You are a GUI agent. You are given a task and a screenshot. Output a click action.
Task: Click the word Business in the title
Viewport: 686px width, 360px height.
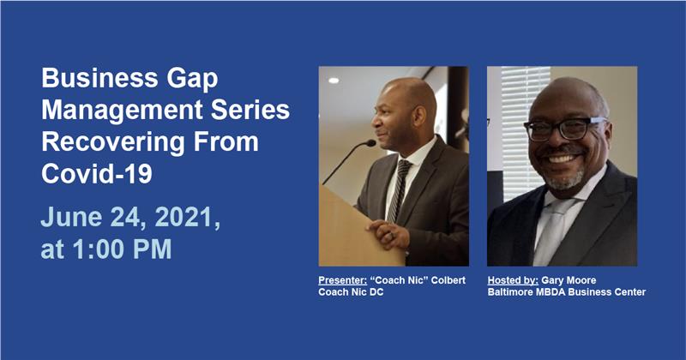point(99,78)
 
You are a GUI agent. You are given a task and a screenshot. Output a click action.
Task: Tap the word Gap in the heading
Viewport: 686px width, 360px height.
point(192,80)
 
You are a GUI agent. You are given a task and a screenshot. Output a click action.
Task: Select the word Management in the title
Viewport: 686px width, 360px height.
point(123,111)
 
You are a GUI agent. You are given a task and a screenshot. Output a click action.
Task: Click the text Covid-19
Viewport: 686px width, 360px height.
point(97,173)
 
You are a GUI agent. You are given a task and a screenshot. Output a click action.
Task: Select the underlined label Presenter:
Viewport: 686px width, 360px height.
point(342,280)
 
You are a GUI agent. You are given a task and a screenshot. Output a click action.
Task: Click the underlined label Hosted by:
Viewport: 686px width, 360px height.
point(513,280)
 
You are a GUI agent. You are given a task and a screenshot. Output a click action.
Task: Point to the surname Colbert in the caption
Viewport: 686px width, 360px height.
point(448,280)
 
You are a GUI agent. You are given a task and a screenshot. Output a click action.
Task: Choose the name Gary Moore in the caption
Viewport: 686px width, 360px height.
point(569,280)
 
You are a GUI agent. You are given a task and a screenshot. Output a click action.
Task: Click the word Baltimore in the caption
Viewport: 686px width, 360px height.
point(509,291)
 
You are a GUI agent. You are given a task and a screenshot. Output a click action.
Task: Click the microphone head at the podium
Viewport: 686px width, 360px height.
point(370,142)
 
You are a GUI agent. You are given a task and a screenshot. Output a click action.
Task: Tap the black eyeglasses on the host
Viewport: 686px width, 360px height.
point(564,129)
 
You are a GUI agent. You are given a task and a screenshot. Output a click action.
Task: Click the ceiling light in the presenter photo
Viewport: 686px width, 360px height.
point(334,81)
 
